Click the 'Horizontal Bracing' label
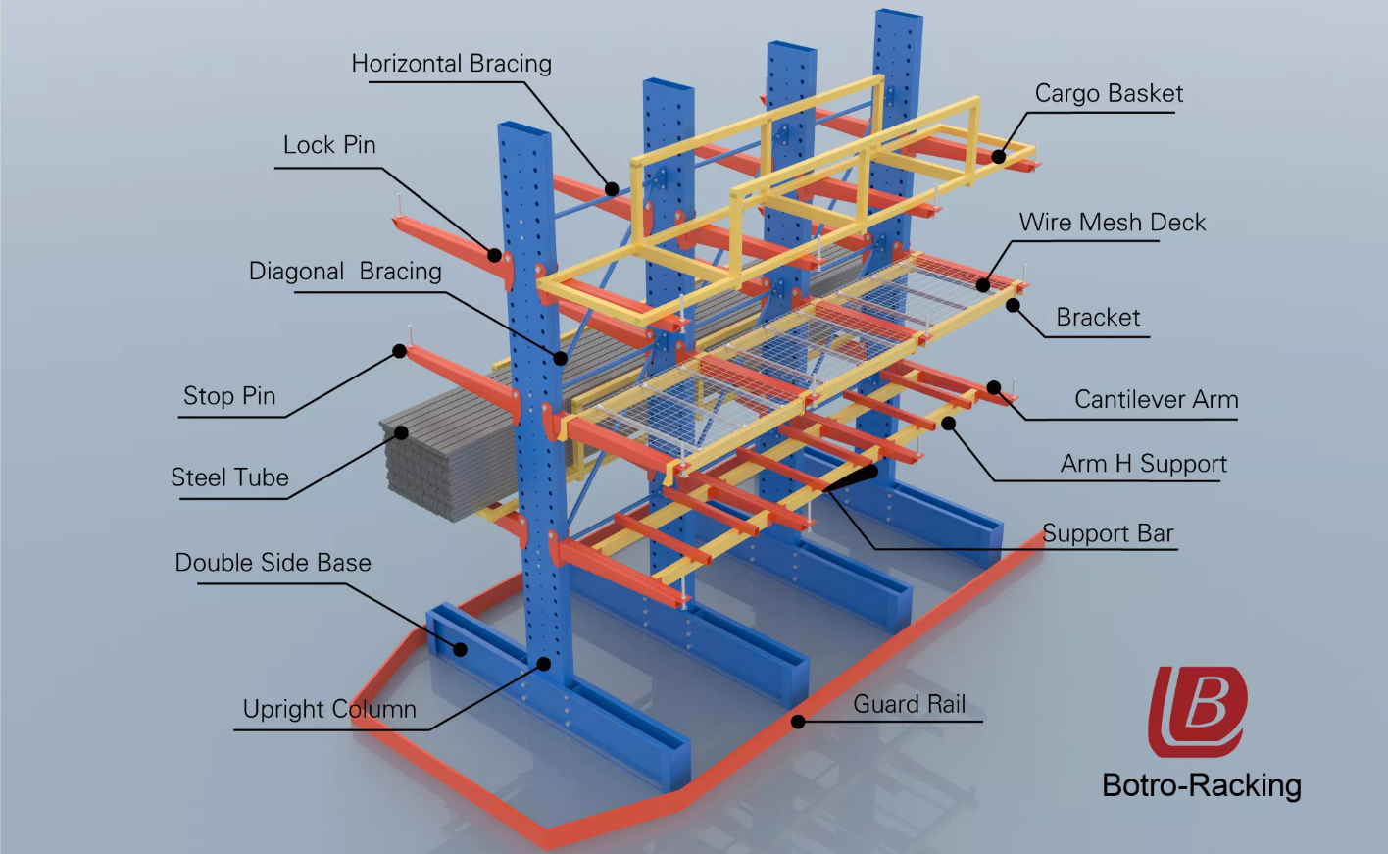click(x=451, y=64)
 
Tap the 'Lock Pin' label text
click(x=329, y=145)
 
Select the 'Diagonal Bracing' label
click(x=345, y=272)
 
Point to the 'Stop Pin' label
click(x=229, y=396)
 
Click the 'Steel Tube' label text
click(x=229, y=477)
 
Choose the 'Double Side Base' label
click(x=273, y=563)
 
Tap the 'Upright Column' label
click(x=329, y=709)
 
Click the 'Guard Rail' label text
click(x=909, y=704)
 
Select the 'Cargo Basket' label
click(x=1109, y=94)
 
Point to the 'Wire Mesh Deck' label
click(x=1112, y=223)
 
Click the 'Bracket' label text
click(x=1098, y=318)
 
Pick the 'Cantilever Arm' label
click(x=1156, y=400)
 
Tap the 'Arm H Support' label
click(x=1143, y=464)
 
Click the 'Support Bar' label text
click(x=1108, y=534)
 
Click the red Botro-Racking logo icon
click(x=1197, y=711)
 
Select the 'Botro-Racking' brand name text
click(x=1202, y=785)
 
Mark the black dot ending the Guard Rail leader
click(x=799, y=722)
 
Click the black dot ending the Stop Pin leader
click(x=400, y=351)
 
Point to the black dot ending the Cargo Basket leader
click(x=998, y=156)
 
